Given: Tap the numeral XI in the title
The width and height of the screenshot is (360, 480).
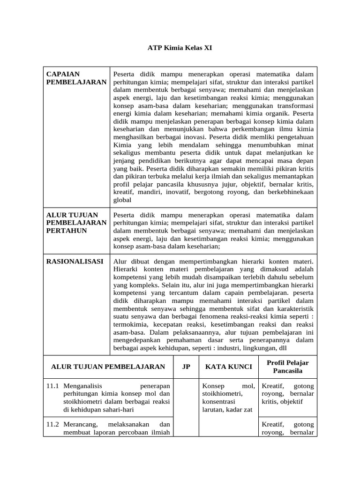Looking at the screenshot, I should click(201, 48).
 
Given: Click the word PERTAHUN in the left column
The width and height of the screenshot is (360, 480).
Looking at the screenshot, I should click(67, 231).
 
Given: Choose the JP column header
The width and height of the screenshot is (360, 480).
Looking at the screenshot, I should click(186, 367).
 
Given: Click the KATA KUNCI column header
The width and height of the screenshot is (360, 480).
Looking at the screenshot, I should click(229, 367).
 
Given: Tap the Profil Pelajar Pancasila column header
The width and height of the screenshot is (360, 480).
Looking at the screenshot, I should click(287, 367).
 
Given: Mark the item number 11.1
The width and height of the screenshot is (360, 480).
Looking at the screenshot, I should click(52, 386).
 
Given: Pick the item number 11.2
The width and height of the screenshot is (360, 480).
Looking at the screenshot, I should click(52, 424).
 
